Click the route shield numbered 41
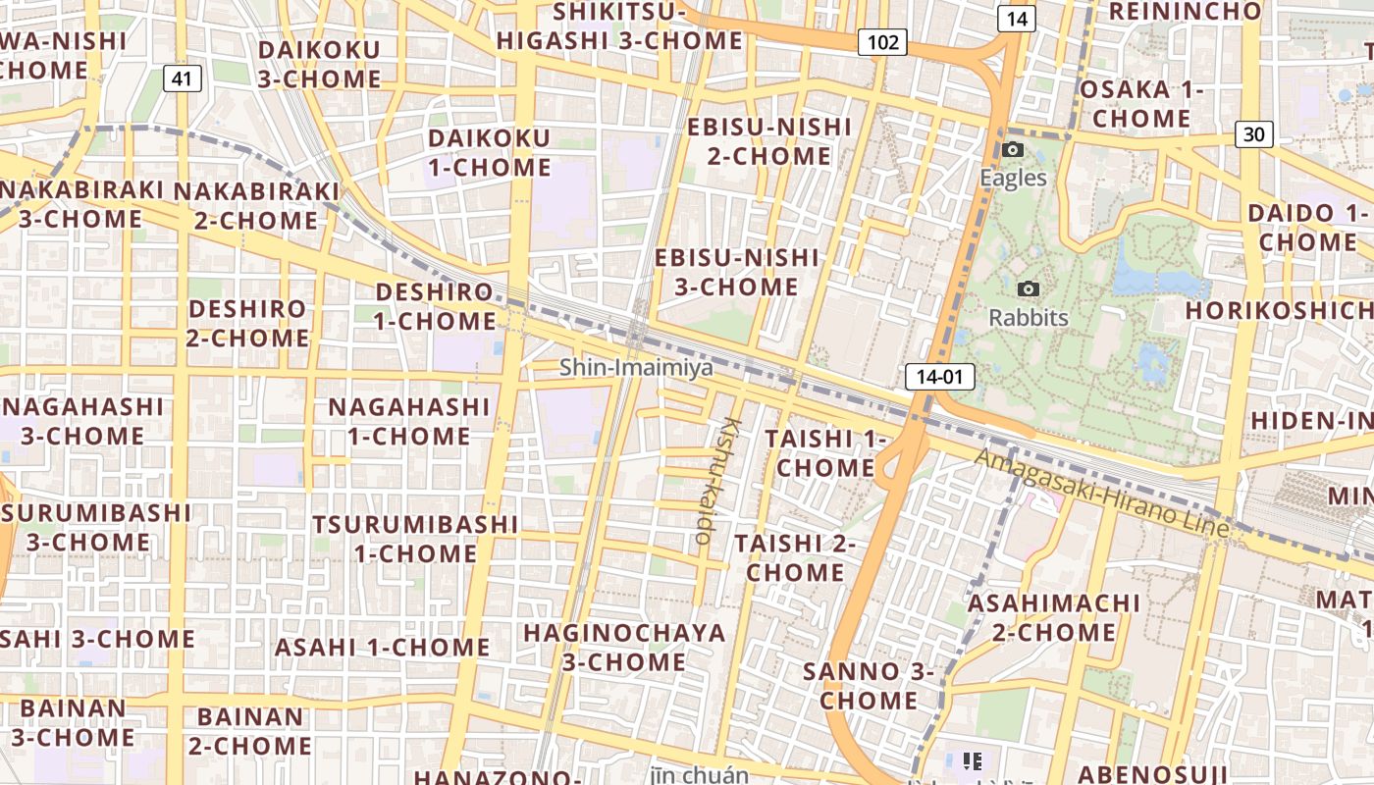[x=182, y=78]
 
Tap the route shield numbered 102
[x=882, y=42]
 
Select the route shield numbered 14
[x=1017, y=18]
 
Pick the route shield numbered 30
[x=1254, y=134]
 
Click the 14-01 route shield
[x=939, y=376]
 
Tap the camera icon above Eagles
[x=1013, y=150]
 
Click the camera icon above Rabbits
[x=1028, y=289]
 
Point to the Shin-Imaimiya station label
[x=636, y=368]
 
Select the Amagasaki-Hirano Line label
[x=1101, y=493]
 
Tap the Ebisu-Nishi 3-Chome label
[x=736, y=272]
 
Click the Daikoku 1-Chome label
[x=489, y=152]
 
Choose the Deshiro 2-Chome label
[x=247, y=323]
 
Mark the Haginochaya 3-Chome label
[x=624, y=647]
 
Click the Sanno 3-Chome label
[x=869, y=686]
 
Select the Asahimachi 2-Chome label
[x=1054, y=617]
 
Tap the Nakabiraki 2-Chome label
[x=256, y=205]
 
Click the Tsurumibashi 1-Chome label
[x=415, y=539]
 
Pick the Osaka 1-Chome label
[x=1140, y=104]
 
